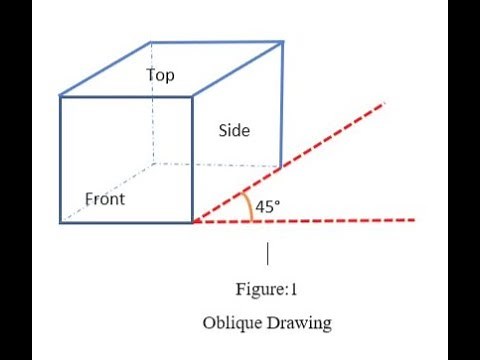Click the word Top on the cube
click(x=160, y=75)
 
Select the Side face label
click(x=234, y=131)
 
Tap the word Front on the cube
click(x=104, y=199)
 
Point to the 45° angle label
click(x=268, y=207)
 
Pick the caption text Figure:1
click(x=266, y=291)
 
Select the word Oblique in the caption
click(x=231, y=323)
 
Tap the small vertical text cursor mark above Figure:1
click(x=267, y=251)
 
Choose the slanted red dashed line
click(x=300, y=160)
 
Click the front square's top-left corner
click(x=60, y=96)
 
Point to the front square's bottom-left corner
click(x=60, y=222)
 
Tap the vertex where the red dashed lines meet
click(x=193, y=222)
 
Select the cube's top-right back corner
click(x=283, y=41)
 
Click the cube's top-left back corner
click(x=151, y=42)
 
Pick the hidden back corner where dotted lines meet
click(x=152, y=163)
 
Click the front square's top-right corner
click(x=193, y=96)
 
